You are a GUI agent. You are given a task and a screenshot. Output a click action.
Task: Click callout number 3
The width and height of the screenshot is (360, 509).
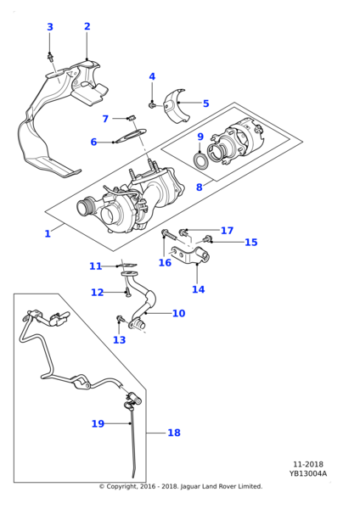pyautogui.click(x=50, y=27)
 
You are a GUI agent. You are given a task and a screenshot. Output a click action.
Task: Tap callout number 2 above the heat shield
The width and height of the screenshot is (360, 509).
pyautogui.click(x=87, y=26)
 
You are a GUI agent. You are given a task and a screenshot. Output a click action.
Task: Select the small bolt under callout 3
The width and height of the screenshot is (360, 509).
pyautogui.click(x=50, y=58)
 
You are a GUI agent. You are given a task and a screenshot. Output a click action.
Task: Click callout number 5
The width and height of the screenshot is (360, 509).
pyautogui.click(x=206, y=103)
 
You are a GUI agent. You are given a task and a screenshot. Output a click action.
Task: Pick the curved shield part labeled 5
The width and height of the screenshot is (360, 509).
pyautogui.click(x=177, y=105)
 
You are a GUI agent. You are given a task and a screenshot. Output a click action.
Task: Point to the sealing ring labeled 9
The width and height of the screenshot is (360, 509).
pyautogui.click(x=200, y=160)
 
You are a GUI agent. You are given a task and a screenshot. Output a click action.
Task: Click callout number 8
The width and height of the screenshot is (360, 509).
pyautogui.click(x=200, y=187)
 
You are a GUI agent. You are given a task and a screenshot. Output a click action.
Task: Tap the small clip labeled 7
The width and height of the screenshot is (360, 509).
pyautogui.click(x=131, y=118)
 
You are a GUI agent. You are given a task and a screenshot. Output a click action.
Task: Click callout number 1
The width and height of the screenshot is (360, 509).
pyautogui.click(x=48, y=233)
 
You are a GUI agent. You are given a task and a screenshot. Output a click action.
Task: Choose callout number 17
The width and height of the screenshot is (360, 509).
pyautogui.click(x=227, y=231)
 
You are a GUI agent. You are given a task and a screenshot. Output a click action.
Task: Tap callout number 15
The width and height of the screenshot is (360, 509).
pyautogui.click(x=250, y=242)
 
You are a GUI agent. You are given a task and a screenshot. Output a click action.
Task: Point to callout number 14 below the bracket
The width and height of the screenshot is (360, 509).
pyautogui.click(x=198, y=289)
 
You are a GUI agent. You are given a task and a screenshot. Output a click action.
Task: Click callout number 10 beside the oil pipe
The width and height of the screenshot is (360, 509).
pyautogui.click(x=178, y=313)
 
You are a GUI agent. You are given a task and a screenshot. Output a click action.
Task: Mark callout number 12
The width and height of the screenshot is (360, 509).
pyautogui.click(x=97, y=293)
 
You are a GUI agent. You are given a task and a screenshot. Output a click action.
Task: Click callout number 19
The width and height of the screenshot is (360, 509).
pyautogui.click(x=98, y=423)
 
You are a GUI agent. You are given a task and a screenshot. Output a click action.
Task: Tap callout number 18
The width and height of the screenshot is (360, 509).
pyautogui.click(x=174, y=433)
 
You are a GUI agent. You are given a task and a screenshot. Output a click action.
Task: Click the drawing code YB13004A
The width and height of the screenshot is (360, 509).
pyautogui.click(x=308, y=473)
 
